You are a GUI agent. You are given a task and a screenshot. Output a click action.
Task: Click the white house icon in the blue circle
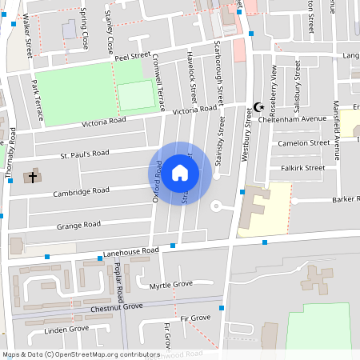pos(180,172)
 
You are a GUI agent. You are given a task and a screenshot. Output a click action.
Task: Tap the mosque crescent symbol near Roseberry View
pos(258,106)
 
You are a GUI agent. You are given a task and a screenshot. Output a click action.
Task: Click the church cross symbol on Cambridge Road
pos(32,176)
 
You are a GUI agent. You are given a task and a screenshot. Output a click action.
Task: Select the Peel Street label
pos(132,57)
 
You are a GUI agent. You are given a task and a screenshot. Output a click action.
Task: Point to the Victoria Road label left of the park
pos(104,122)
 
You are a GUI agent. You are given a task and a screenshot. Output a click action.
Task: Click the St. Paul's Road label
pos(84,153)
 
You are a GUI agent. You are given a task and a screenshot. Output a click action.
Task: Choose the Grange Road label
pos(78,226)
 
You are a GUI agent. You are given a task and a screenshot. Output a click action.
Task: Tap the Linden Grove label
pos(66,329)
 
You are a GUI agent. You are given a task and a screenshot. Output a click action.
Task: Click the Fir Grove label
pos(195,318)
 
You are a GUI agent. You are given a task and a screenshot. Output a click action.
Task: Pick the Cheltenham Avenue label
pos(303,119)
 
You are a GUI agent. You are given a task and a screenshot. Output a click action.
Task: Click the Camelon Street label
pos(303,142)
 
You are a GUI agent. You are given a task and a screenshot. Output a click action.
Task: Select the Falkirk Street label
pos(303,168)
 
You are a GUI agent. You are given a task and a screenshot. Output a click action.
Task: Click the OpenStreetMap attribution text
pos(81,354)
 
